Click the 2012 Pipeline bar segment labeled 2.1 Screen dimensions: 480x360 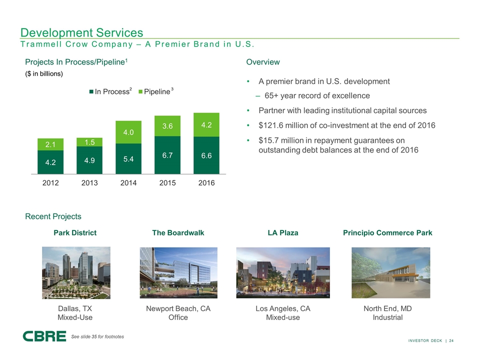(x=50, y=144)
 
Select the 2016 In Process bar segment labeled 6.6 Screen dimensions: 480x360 (x=206, y=155)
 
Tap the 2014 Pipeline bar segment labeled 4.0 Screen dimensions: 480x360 (x=128, y=132)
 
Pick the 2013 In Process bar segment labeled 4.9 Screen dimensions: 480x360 (x=89, y=160)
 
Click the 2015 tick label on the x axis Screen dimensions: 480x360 (x=167, y=183)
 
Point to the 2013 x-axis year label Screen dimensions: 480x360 (x=89, y=183)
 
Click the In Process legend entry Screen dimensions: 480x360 (x=110, y=91)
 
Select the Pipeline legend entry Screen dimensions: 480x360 (x=156, y=91)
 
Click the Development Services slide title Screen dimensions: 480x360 (x=81, y=32)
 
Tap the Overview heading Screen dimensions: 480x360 (x=263, y=62)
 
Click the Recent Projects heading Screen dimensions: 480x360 (x=53, y=216)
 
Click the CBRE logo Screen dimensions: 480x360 (x=44, y=336)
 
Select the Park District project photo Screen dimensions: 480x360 (x=76, y=273)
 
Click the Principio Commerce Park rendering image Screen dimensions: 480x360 (x=391, y=273)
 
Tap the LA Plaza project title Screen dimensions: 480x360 (x=283, y=232)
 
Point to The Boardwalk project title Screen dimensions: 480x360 (x=178, y=232)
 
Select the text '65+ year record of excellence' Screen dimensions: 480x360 (x=317, y=96)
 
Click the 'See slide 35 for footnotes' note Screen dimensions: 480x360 (x=97, y=336)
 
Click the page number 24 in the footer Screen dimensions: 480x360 (x=451, y=340)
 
